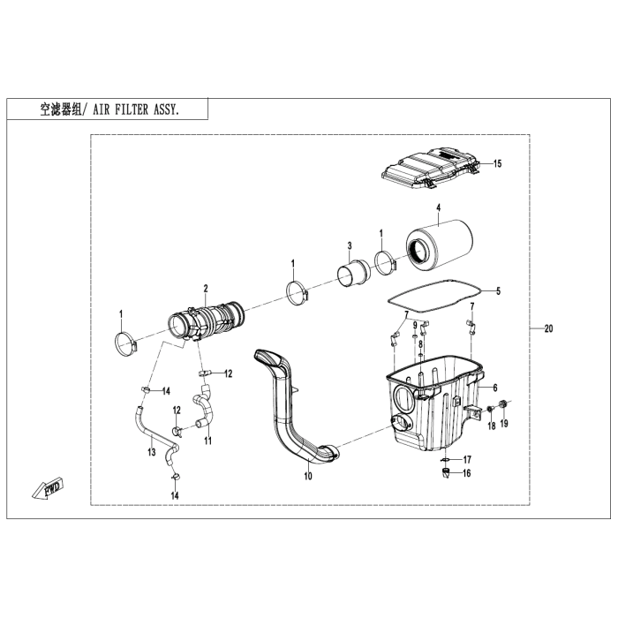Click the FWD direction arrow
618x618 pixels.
[48, 489]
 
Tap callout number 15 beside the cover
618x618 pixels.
[497, 163]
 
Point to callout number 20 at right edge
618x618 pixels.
[548, 328]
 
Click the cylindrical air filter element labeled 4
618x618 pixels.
[440, 247]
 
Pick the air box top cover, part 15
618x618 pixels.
[431, 169]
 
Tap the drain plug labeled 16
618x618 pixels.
[445, 472]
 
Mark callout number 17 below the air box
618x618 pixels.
[467, 460]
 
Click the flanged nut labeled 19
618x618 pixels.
[502, 404]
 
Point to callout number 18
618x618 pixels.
[491, 426]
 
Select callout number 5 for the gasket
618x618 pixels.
[498, 290]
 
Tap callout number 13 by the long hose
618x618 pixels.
[152, 452]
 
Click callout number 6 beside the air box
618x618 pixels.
[495, 388]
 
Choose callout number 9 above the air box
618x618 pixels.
[415, 325]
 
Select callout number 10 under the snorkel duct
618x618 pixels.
[308, 476]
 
